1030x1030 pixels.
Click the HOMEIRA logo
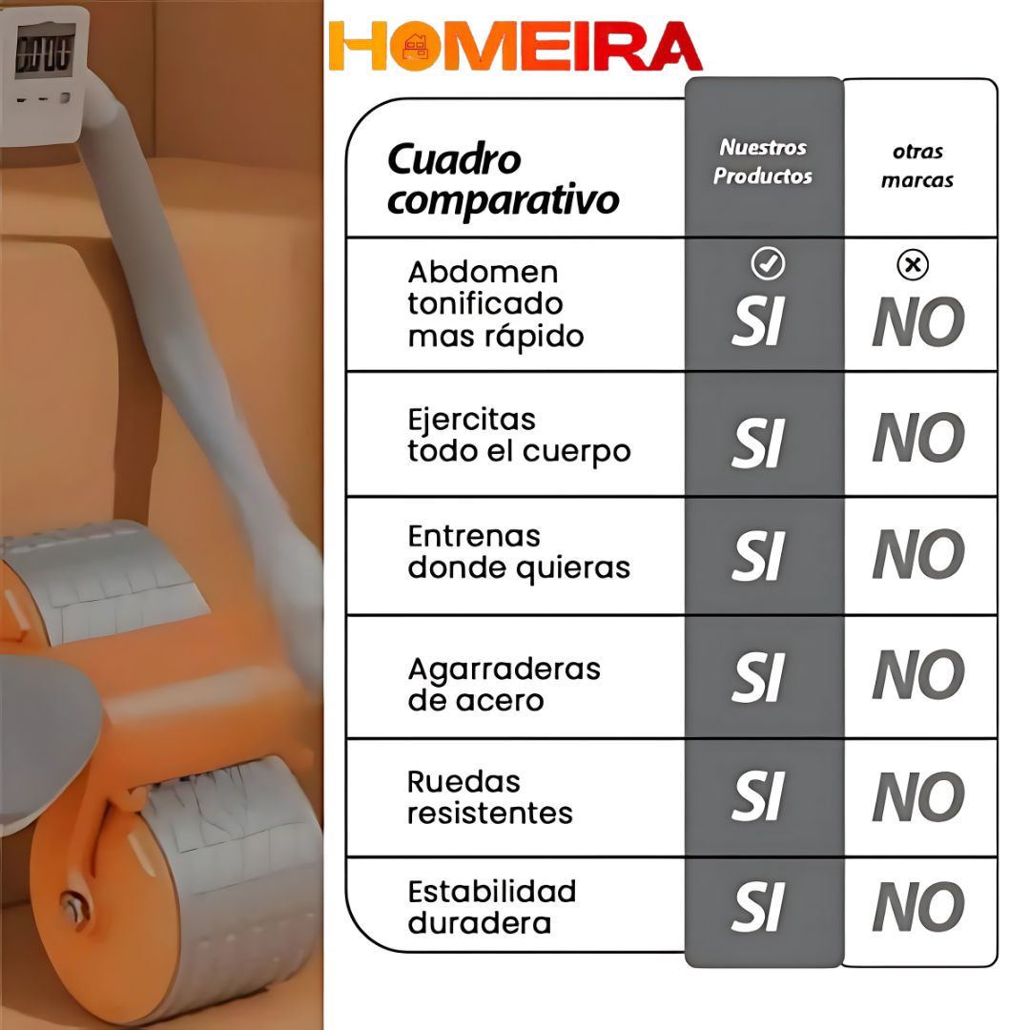[516, 46]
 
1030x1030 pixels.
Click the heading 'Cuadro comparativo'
[503, 178]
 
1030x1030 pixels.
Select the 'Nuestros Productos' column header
[763, 161]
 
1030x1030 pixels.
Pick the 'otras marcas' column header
[917, 166]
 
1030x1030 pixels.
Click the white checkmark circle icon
[767, 263]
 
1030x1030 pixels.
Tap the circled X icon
[913, 265]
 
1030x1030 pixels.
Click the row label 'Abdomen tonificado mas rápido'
[496, 305]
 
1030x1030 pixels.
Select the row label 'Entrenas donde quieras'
[519, 553]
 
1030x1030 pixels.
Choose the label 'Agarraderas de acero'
[504, 685]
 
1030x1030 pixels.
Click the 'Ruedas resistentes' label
[490, 797]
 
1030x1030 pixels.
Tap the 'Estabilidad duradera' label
[492, 907]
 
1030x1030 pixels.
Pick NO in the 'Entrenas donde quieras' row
[918, 554]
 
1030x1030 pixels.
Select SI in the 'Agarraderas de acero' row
[758, 677]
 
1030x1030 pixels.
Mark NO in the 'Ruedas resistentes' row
[918, 796]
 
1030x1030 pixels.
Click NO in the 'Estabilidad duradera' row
[918, 907]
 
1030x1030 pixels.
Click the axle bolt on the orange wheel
[72, 909]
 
